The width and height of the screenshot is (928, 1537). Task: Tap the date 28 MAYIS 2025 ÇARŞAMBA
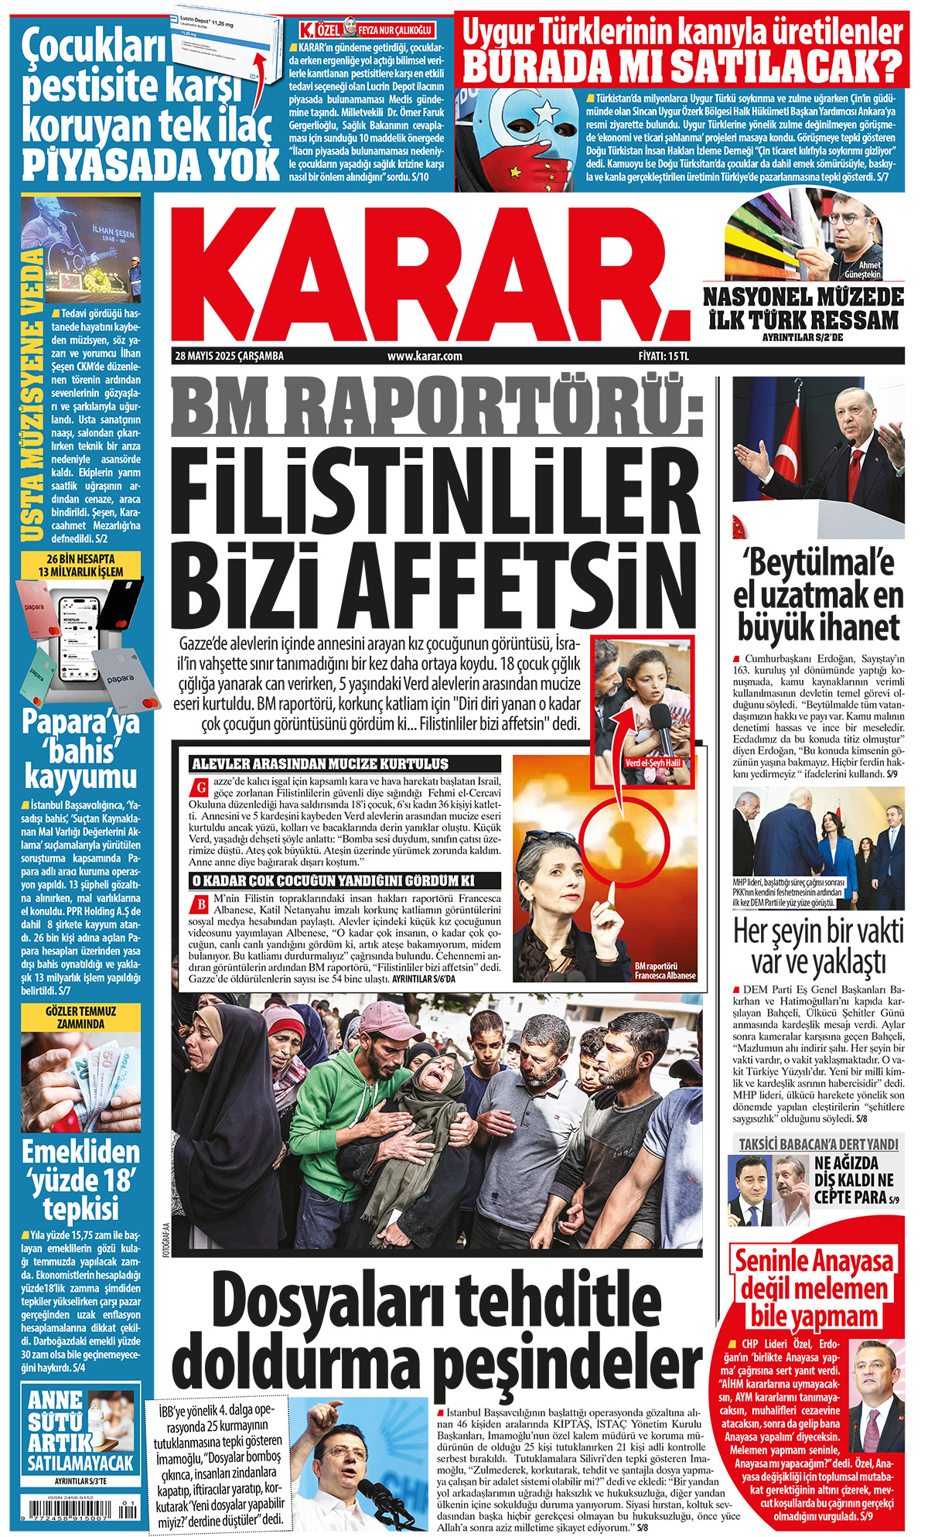tap(230, 357)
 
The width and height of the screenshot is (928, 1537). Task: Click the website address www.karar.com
tap(425, 357)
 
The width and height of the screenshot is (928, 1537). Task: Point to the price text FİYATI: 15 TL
tap(658, 357)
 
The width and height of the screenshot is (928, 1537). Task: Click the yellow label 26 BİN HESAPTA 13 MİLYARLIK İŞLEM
tap(80, 565)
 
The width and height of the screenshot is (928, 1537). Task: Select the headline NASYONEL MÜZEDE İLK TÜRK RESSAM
tap(803, 308)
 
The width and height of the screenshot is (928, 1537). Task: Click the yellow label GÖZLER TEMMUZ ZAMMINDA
tap(80, 1017)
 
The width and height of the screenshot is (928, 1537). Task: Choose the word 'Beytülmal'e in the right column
tap(817, 562)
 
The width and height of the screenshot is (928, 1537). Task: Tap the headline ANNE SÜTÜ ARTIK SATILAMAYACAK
tap(80, 1430)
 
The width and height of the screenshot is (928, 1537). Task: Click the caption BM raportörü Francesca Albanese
tap(664, 971)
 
